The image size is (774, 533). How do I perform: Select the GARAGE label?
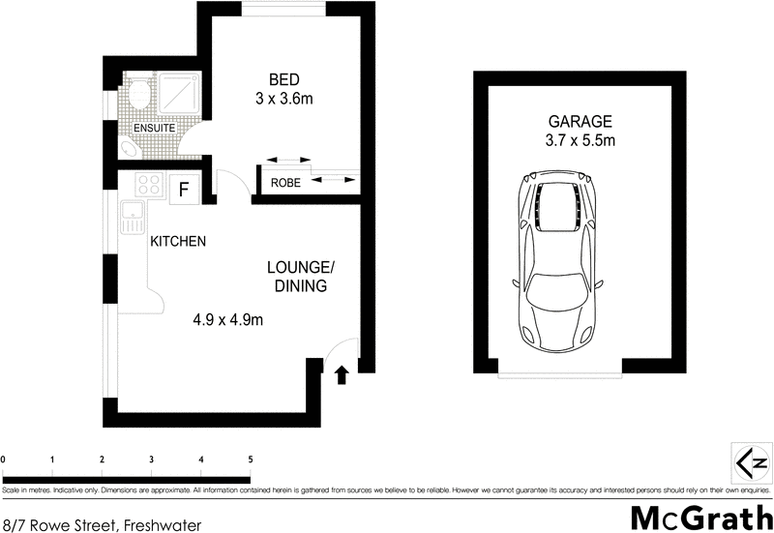580,122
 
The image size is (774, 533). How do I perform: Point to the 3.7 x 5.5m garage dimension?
580,141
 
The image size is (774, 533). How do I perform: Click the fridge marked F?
183,189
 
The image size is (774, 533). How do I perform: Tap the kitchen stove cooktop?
149,185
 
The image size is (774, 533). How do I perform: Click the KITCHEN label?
177,242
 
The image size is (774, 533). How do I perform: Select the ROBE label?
284,183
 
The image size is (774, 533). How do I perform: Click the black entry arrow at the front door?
341,374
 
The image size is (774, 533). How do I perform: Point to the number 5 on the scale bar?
251,459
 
